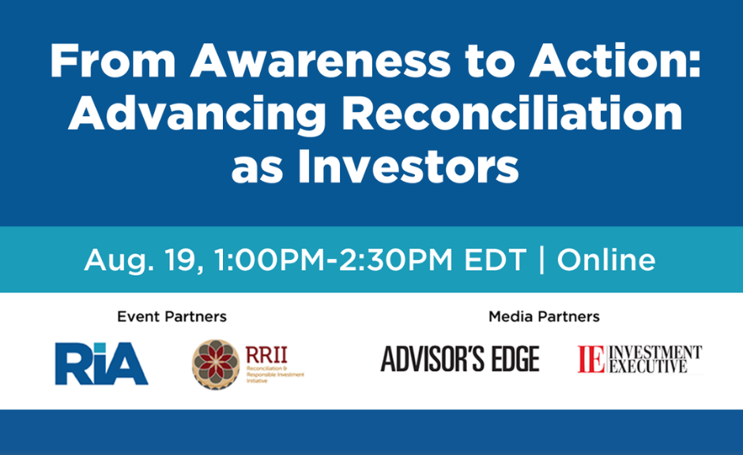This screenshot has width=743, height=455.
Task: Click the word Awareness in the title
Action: [x=320, y=61]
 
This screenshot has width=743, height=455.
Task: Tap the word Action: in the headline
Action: [x=615, y=61]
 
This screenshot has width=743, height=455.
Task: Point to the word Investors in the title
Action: [x=409, y=166]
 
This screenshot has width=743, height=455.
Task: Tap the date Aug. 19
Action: [x=144, y=260]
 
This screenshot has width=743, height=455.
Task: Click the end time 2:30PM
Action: [x=395, y=259]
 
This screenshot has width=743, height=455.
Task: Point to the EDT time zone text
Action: [x=495, y=259]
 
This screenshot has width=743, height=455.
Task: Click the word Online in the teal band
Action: [x=606, y=259]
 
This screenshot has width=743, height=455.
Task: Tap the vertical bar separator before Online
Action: [x=541, y=259]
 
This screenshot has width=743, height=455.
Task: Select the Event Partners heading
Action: [x=172, y=316]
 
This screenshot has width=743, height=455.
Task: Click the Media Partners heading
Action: [x=544, y=316]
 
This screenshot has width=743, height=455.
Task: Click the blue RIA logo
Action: [x=101, y=363]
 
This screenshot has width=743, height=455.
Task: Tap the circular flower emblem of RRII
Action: [x=216, y=364]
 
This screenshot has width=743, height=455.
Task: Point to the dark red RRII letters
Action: [x=266, y=355]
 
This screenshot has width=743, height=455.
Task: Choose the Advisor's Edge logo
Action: [x=460, y=359]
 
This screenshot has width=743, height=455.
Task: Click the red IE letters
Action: [x=591, y=359]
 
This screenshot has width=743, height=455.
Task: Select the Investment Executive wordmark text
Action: [x=654, y=359]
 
